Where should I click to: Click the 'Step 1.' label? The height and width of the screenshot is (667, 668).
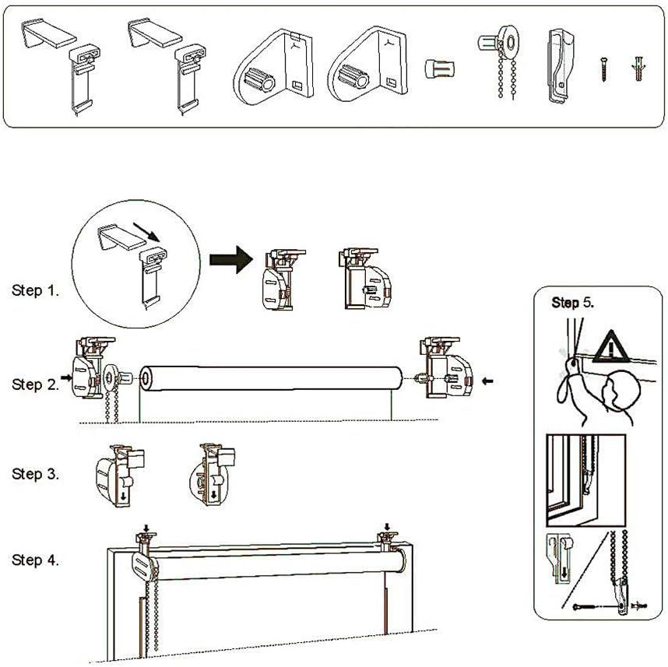pyautogui.click(x=35, y=290)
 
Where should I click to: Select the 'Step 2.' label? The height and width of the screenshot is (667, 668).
pyautogui.click(x=35, y=384)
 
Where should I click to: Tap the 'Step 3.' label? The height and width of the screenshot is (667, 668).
pyautogui.click(x=35, y=473)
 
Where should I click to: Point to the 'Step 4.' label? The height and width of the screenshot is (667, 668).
pyautogui.click(x=35, y=560)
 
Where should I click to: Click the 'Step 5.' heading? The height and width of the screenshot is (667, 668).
pyautogui.click(x=572, y=302)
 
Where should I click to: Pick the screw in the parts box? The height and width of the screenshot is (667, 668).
pyautogui.click(x=603, y=68)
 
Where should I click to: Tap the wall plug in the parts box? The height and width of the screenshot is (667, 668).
pyautogui.click(x=638, y=69)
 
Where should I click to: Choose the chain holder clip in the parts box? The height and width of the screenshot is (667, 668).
pyautogui.click(x=560, y=65)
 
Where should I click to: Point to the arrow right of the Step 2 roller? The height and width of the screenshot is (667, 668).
pyautogui.click(x=488, y=381)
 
